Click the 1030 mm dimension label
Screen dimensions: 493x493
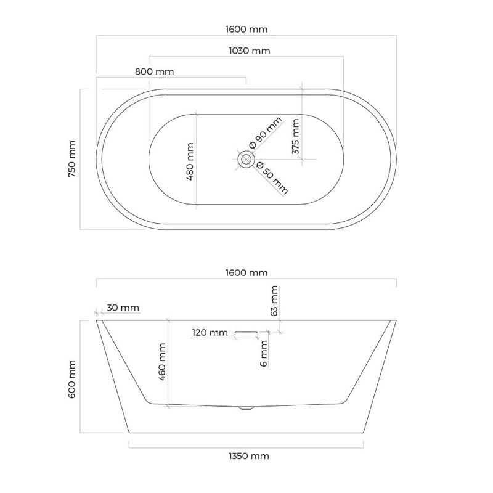(250, 51)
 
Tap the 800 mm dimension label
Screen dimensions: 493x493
(155, 71)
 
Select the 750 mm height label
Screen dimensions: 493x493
(72, 159)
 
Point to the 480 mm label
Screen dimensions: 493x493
(190, 161)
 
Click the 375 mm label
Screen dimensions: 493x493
(296, 136)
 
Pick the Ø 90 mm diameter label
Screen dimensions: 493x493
(266, 133)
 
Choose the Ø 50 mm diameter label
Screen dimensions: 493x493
(272, 178)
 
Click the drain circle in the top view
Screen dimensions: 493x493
(246, 159)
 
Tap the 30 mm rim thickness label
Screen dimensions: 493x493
(123, 308)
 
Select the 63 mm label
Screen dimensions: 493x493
(274, 301)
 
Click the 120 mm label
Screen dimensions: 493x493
(210, 332)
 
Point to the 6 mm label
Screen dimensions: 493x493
(264, 354)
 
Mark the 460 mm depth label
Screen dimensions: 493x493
(162, 362)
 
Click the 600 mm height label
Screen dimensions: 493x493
(72, 380)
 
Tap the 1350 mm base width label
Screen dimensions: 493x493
(249, 456)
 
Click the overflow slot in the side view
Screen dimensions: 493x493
(246, 332)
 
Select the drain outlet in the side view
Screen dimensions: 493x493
(246, 408)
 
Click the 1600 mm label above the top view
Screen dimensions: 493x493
(246, 29)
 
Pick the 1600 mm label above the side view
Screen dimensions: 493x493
(246, 272)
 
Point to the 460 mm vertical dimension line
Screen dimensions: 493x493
(168, 363)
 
